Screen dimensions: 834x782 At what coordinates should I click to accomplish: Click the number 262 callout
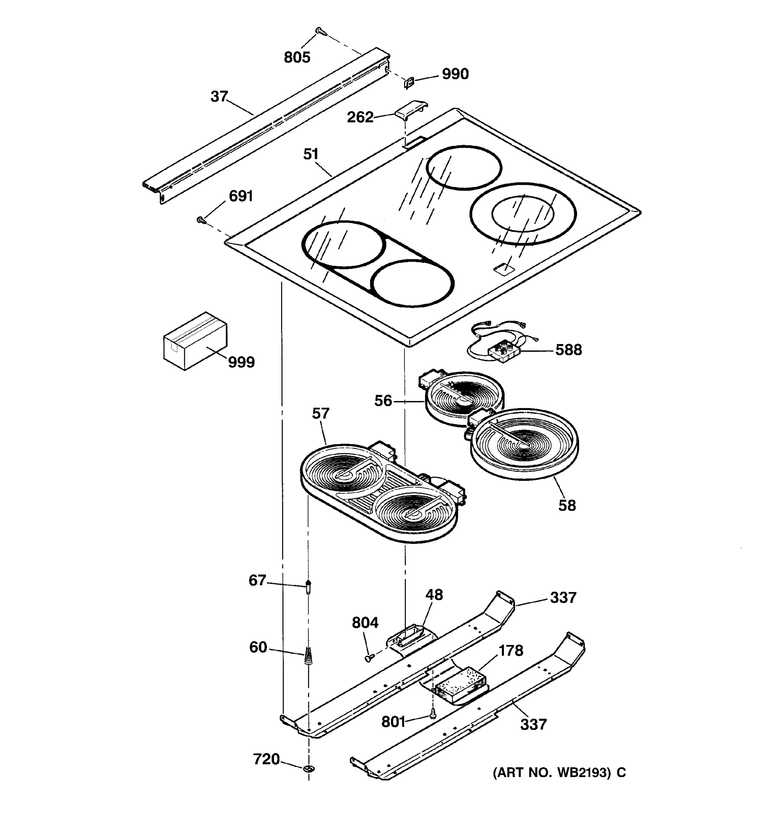[x=359, y=117]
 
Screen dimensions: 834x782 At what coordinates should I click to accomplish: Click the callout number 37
[x=219, y=97]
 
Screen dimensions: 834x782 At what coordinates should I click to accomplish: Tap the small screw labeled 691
[x=201, y=219]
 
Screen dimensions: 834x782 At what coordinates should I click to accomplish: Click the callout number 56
[x=383, y=401]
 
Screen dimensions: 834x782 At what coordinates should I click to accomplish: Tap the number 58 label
[x=567, y=506]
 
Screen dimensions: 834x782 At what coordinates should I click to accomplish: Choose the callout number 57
[x=320, y=414]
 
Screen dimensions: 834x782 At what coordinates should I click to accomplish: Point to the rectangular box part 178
[x=460, y=685]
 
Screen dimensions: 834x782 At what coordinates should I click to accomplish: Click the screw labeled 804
[x=368, y=658]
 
